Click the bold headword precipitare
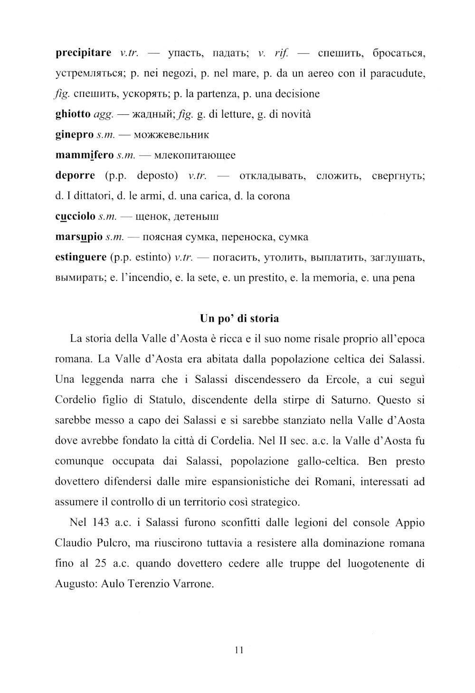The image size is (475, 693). [x=84, y=53]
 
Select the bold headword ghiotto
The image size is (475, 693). [x=73, y=114]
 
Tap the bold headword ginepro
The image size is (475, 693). [x=74, y=135]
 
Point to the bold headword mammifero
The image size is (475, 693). [x=85, y=155]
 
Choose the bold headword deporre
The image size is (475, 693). [x=75, y=176]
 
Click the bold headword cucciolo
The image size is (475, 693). [x=75, y=216]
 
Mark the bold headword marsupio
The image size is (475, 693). [x=79, y=237]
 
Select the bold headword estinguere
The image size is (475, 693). [x=81, y=257]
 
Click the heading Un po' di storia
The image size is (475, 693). [x=239, y=318]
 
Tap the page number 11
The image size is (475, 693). [x=239, y=651]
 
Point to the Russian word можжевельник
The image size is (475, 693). [x=171, y=135]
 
